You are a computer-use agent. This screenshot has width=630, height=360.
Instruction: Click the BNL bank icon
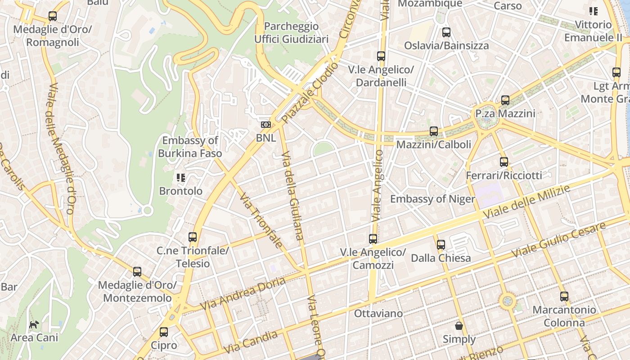266,125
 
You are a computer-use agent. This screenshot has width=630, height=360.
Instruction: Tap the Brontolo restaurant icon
181,178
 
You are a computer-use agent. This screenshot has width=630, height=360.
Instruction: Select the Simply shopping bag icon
459,326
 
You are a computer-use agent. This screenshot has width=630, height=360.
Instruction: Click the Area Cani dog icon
34,324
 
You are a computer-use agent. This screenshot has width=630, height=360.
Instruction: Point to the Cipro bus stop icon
164,333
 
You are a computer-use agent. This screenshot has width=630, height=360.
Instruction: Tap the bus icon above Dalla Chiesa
441,245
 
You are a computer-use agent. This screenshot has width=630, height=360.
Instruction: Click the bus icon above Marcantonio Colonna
564,297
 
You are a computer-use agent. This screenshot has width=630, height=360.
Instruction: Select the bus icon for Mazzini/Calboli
434,131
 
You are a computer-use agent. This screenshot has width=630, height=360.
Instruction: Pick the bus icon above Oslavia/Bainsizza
446,32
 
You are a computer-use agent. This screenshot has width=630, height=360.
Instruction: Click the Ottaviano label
378,313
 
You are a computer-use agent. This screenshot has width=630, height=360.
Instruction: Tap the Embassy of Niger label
432,199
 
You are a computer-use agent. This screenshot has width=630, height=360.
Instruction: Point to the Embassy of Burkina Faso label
190,147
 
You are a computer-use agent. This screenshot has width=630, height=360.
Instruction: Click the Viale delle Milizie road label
526,202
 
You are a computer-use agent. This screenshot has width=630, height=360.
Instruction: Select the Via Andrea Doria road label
243,294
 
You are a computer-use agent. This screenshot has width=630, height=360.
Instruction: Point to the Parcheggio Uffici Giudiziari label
292,33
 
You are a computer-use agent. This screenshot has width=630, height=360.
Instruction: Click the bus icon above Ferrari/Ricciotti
504,162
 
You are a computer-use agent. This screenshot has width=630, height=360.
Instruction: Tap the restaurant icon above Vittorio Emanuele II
593,11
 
